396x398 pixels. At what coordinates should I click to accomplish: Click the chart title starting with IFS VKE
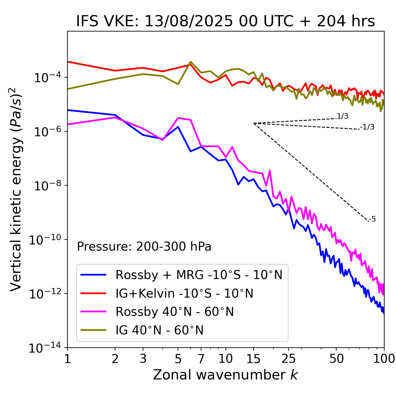click(x=225, y=21)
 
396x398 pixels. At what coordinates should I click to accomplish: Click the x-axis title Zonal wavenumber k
click(x=225, y=375)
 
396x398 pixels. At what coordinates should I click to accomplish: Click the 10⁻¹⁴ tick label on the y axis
click(x=45, y=348)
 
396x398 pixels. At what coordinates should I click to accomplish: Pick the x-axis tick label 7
click(x=201, y=359)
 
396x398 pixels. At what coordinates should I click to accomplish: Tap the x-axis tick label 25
click(x=288, y=359)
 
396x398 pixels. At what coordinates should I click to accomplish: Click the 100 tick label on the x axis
click(x=384, y=359)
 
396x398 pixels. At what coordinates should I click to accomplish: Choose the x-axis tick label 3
click(x=143, y=359)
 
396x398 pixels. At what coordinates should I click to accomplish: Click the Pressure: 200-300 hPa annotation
click(x=144, y=247)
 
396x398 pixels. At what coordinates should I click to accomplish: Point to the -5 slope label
click(x=372, y=219)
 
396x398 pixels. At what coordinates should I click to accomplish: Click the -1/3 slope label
click(x=368, y=127)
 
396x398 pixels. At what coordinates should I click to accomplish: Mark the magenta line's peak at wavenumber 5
click(x=178, y=118)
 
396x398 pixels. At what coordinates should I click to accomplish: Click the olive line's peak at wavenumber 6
click(x=191, y=62)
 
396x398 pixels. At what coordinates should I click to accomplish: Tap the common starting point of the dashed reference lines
click(x=254, y=123)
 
